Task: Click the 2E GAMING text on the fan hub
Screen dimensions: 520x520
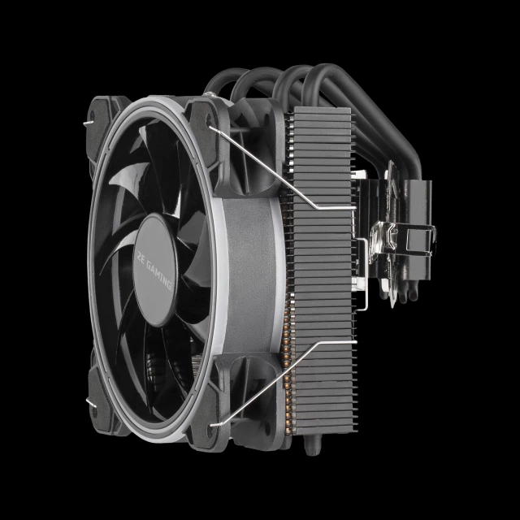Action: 154,270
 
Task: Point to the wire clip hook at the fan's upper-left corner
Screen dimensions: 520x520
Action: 88,123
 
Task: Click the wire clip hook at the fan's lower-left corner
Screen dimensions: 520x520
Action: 91,403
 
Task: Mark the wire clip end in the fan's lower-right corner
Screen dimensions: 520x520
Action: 215,424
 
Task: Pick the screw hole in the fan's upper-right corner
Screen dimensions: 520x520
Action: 209,119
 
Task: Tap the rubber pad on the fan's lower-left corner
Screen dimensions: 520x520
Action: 101,401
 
